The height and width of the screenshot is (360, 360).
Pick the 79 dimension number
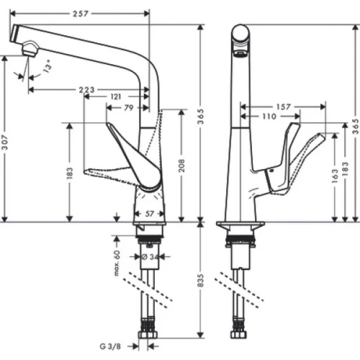click(128, 109)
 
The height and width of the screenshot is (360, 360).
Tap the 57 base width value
click(150, 214)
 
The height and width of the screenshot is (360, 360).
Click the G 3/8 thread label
click(112, 345)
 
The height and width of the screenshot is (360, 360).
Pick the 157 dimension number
click(282, 107)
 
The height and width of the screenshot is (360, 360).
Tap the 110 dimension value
click(269, 117)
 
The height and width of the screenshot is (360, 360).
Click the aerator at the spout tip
click(30, 49)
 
